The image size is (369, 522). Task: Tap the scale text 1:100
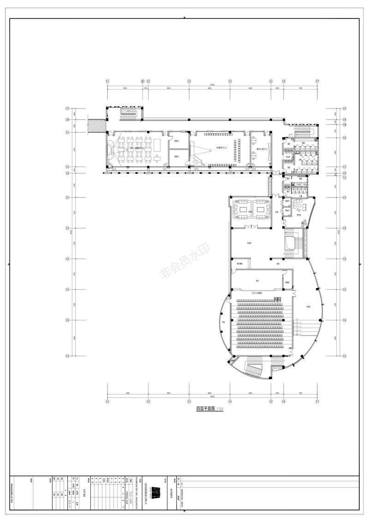(x=220, y=409)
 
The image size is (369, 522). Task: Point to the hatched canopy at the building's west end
(x=97, y=125)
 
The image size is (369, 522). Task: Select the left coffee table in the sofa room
(x=242, y=209)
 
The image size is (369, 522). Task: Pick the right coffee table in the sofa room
(x=261, y=209)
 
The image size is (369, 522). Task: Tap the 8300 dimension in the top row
(x=125, y=88)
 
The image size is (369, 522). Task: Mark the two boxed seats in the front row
(x=277, y=300)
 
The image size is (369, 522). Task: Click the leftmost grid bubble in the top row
(x=107, y=81)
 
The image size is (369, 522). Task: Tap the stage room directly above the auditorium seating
(x=257, y=280)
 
